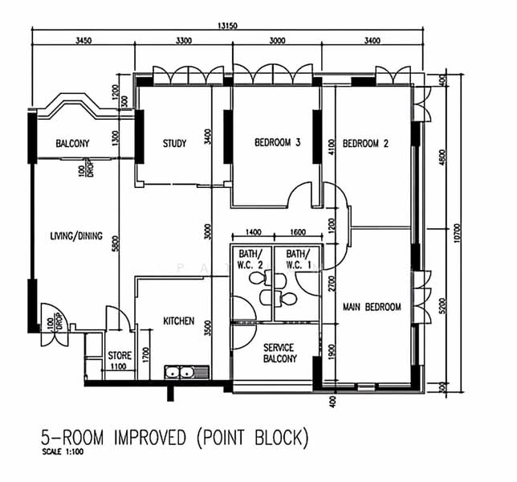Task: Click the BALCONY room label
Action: point(72,144)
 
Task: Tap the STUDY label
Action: point(175,144)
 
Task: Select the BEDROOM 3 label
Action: point(277,142)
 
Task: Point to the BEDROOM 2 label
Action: point(365,144)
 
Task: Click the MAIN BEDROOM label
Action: point(372,307)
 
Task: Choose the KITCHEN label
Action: point(179,321)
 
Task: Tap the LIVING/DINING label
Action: point(76,236)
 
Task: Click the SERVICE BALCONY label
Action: point(280,353)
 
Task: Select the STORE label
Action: point(120,356)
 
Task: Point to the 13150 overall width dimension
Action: point(227,26)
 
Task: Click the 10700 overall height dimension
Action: point(457,233)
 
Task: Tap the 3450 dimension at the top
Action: point(83,41)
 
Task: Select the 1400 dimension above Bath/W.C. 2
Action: point(253,232)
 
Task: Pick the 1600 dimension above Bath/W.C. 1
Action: point(298,232)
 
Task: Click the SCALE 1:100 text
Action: point(63,452)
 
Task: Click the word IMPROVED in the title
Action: point(150,437)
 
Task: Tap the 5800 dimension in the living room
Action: point(115,243)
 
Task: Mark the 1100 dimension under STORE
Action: point(118,366)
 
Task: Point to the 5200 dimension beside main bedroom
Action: point(442,306)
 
